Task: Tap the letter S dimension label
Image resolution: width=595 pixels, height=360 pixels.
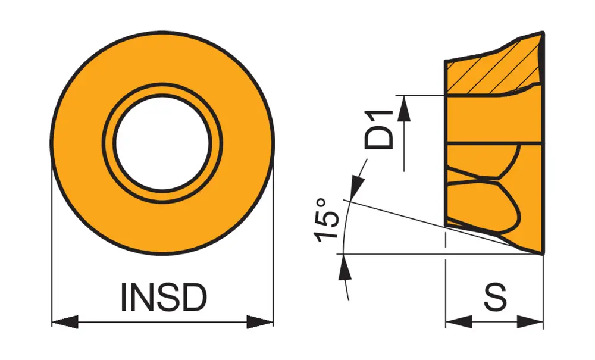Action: [x=494, y=297]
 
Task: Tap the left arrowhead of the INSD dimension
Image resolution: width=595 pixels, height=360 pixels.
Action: [x=64, y=322]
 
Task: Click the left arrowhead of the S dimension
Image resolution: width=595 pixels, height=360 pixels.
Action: [x=458, y=322]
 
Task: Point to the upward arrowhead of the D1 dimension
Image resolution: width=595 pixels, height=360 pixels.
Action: [x=404, y=107]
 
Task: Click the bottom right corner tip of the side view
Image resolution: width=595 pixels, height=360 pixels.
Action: [x=543, y=253]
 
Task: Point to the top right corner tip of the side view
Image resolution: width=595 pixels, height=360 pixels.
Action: [x=543, y=32]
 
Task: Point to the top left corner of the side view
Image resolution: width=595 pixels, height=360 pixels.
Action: [x=446, y=61]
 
